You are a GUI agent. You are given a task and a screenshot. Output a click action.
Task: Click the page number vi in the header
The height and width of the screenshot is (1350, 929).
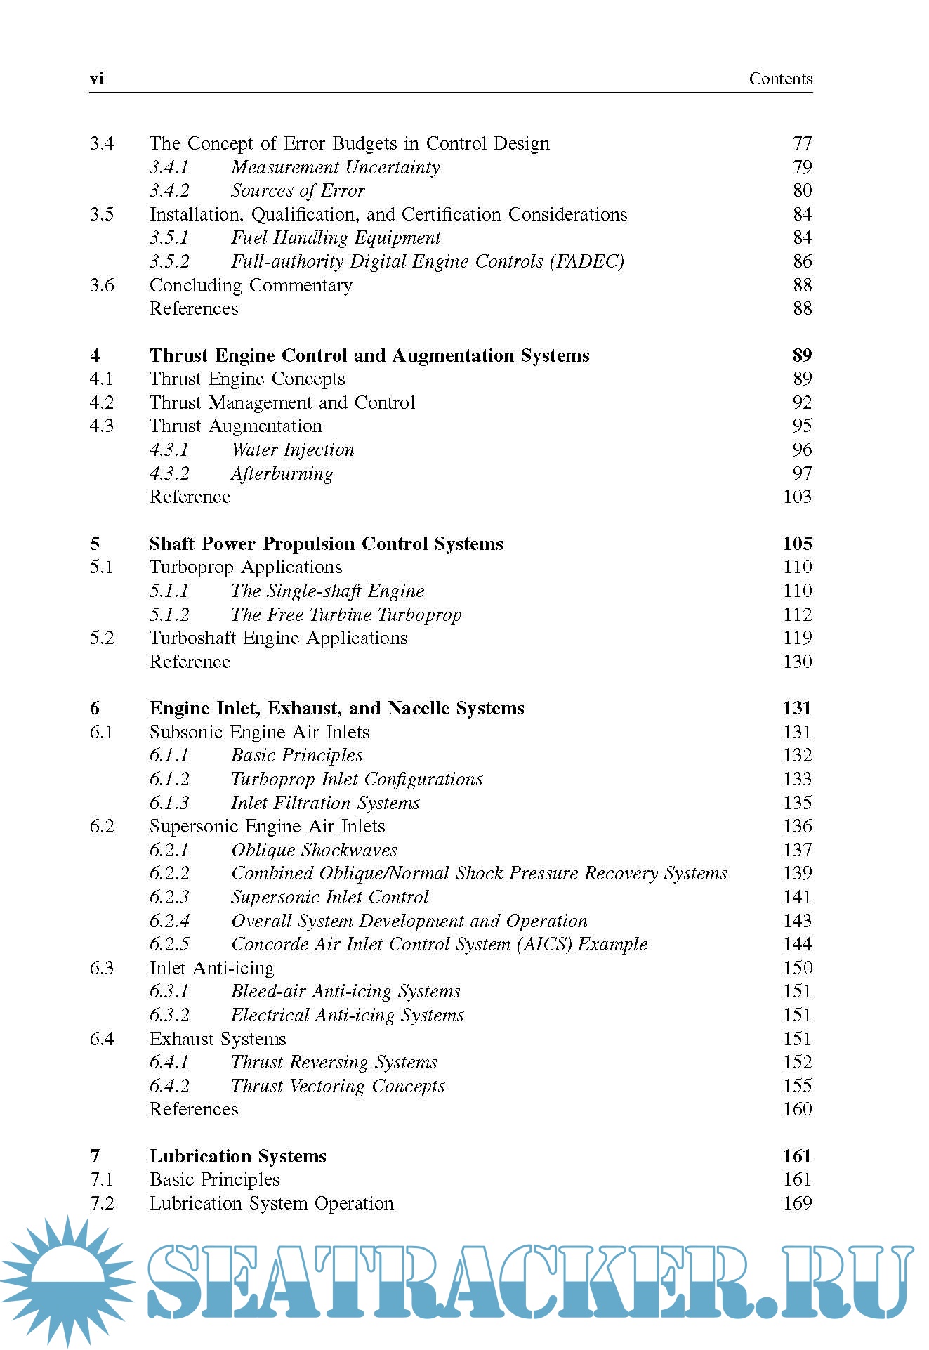[x=97, y=79]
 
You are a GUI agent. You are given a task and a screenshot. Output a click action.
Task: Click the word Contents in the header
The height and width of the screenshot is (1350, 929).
[x=780, y=79]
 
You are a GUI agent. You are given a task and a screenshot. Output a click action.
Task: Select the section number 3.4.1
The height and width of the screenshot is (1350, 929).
[x=169, y=167]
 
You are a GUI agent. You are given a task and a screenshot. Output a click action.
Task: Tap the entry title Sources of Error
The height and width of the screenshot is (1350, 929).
[x=298, y=191]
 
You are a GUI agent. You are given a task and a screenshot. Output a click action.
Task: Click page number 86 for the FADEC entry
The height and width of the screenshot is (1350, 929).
[x=802, y=262]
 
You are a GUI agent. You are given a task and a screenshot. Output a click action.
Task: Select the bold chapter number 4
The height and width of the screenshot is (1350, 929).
[x=95, y=356]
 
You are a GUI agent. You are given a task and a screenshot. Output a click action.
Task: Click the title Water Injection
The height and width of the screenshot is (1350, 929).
[x=292, y=450]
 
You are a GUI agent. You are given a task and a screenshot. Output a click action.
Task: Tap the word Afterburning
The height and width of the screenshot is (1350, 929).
[x=282, y=474]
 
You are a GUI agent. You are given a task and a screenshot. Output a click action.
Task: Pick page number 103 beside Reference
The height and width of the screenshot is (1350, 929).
[x=797, y=497]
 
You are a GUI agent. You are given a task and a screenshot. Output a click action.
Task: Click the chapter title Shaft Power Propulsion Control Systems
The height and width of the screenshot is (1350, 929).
[x=326, y=544]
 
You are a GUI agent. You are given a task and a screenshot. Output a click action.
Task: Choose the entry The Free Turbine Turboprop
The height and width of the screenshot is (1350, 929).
[x=346, y=615]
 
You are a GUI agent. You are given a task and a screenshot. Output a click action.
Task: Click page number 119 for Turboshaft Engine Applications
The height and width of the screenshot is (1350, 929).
[x=797, y=638]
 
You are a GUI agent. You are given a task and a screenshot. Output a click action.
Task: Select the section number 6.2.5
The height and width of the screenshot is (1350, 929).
[x=169, y=945]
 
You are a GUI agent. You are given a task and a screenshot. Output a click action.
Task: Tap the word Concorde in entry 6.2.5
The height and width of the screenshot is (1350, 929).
[x=270, y=945]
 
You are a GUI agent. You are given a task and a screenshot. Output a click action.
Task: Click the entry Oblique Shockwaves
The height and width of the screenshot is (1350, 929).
[x=314, y=851]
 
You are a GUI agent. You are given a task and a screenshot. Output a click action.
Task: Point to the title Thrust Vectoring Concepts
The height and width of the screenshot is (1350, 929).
[x=338, y=1087]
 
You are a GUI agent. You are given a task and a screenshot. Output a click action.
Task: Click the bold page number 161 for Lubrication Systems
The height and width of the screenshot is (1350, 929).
[x=797, y=1157]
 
